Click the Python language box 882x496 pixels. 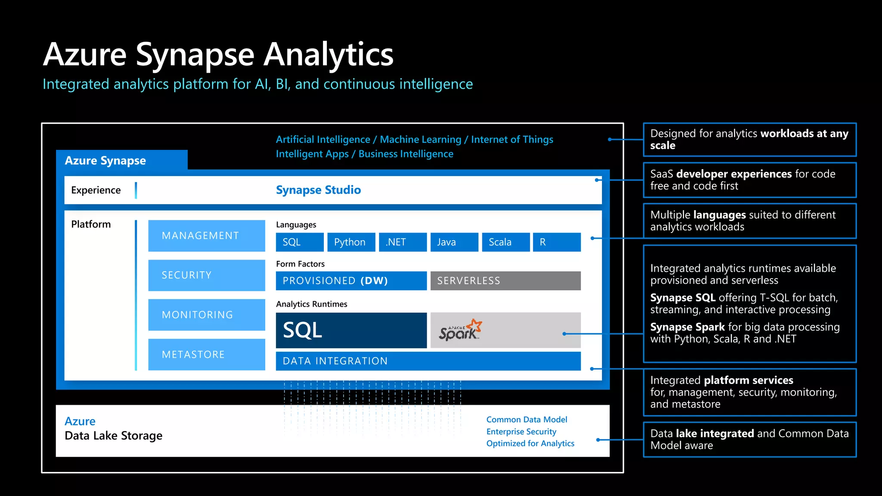pos(351,242)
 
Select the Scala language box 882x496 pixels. pos(506,242)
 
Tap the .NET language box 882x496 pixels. pos(402,242)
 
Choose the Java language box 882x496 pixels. pos(454,242)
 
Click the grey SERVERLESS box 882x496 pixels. pos(505,281)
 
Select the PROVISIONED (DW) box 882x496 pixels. pos(351,281)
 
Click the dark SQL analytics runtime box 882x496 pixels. pos(351,330)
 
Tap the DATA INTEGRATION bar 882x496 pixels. pos(428,361)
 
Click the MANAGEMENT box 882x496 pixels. pos(206,236)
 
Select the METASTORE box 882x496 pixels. pos(206,354)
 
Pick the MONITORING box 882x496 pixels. pos(206,315)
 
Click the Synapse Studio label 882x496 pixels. pos(318,190)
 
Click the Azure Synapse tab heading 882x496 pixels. pos(106,161)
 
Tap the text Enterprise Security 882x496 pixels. pos(521,431)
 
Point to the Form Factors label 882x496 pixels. pos(300,264)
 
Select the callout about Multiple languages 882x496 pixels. pos(749,221)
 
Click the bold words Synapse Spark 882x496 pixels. pos(687,327)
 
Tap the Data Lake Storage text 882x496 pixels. pos(113,436)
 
